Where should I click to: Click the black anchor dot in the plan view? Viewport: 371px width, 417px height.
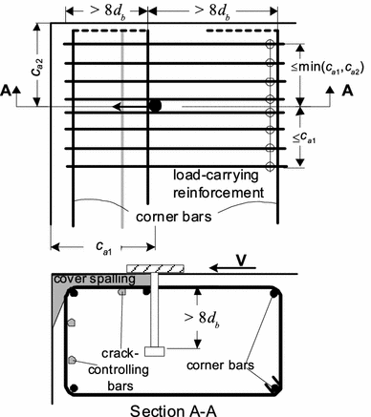click(154, 106)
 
